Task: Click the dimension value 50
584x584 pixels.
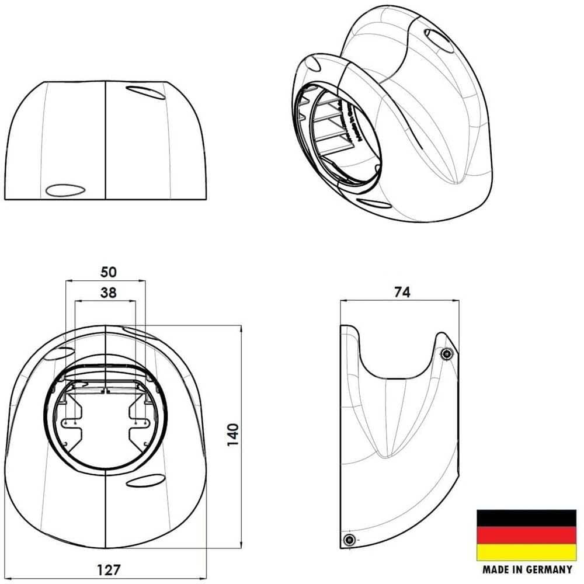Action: [x=109, y=272]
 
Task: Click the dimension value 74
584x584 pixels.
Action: [x=401, y=292]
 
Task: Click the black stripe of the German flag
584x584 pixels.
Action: [x=526, y=518]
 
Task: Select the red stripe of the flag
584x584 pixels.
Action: [x=526, y=535]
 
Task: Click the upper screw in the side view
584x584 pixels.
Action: [x=447, y=354]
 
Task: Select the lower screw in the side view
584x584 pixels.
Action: [x=349, y=539]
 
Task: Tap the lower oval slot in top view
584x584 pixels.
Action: [x=65, y=190]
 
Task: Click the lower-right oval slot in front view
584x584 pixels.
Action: [x=144, y=481]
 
